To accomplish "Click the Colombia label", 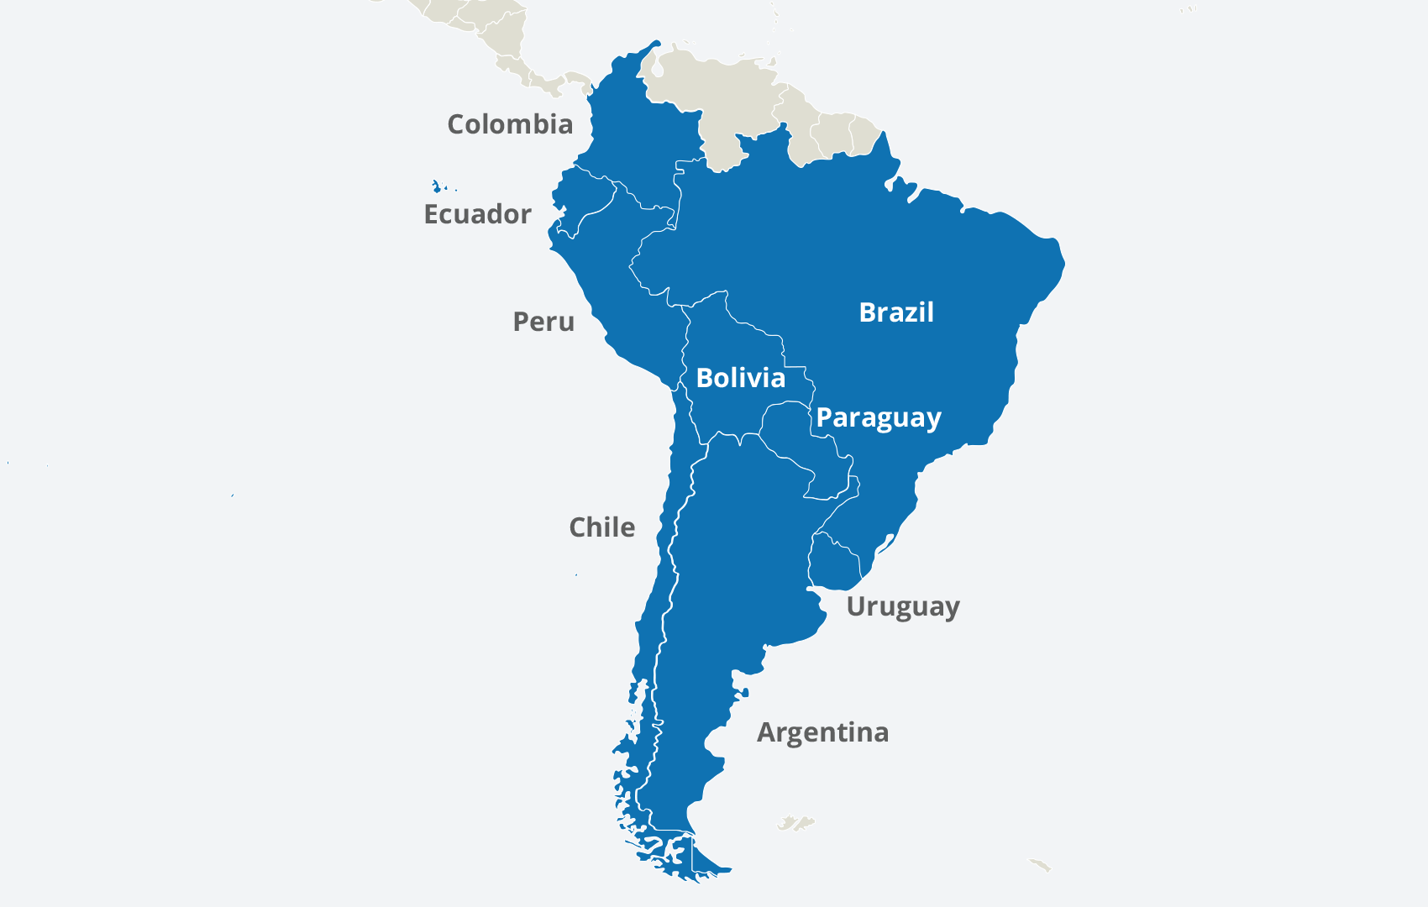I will (x=510, y=124).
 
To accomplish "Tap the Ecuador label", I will (x=477, y=214).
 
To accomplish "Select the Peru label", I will (x=543, y=322).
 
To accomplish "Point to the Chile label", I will (x=601, y=527).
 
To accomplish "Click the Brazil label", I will (x=896, y=312).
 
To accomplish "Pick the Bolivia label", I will (x=741, y=378).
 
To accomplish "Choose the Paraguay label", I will (x=879, y=417).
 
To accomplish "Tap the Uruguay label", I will (x=902, y=606).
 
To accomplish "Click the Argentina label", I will (x=822, y=732).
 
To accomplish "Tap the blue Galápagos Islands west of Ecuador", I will (x=436, y=186).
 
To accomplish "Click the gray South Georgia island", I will (x=1040, y=864).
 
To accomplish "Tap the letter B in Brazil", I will (x=868, y=312).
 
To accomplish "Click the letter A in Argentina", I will (x=767, y=732).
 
